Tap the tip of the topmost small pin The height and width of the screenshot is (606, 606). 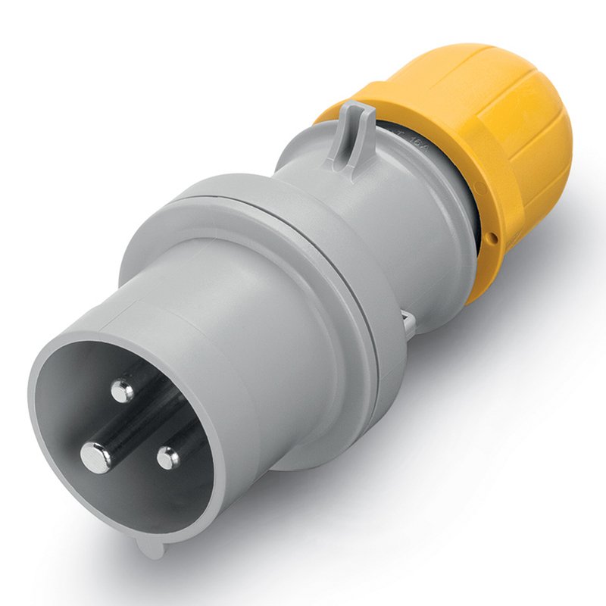pyautogui.click(x=121, y=391)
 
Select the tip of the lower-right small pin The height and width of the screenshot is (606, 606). pyautogui.click(x=168, y=457)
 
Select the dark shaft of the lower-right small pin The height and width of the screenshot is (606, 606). pyautogui.click(x=186, y=443)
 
